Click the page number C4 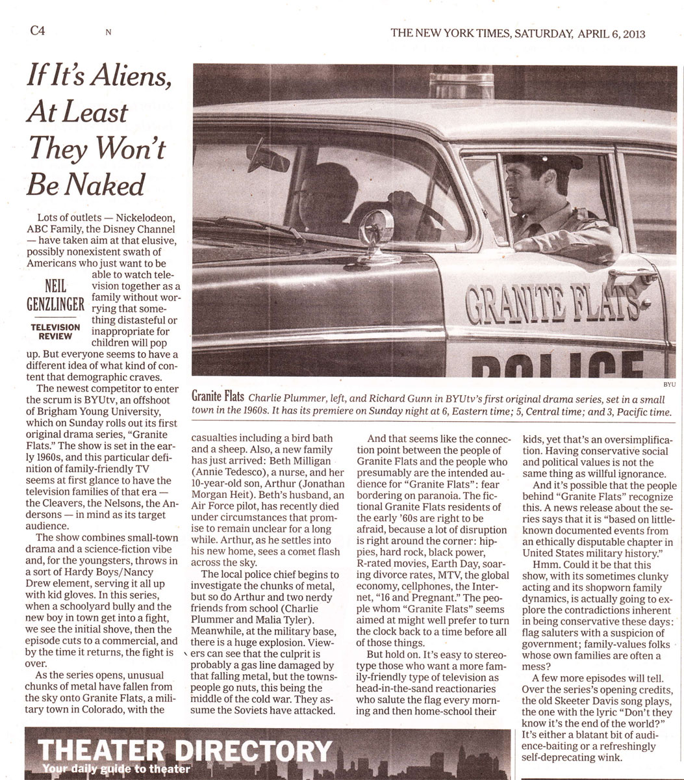pyautogui.click(x=38, y=31)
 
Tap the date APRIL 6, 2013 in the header pyautogui.click(x=608, y=34)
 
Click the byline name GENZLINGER pyautogui.click(x=55, y=304)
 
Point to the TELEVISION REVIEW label pyautogui.click(x=55, y=331)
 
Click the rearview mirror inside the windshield pyautogui.click(x=267, y=158)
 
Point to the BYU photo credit pyautogui.click(x=668, y=385)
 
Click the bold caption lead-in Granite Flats pyautogui.click(x=218, y=397)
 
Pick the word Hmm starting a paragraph pyautogui.click(x=546, y=565)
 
